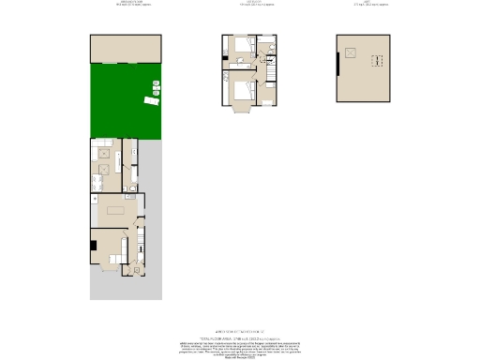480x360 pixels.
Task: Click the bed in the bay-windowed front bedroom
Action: pos(243,92)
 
